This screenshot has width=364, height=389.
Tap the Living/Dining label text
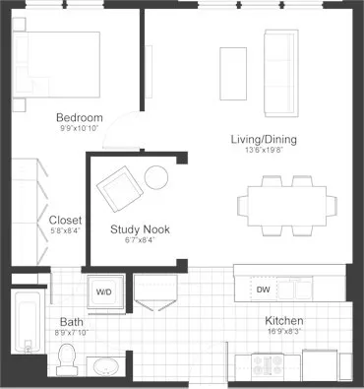(x=264, y=139)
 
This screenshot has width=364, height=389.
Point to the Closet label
(x=64, y=220)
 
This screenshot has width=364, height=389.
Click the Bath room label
(x=71, y=321)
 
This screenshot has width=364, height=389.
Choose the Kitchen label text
(x=283, y=321)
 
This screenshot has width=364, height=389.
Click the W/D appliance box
(x=102, y=291)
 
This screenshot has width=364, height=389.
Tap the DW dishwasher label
(x=263, y=290)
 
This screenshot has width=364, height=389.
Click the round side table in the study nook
(x=157, y=178)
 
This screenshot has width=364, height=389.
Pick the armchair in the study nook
(x=118, y=187)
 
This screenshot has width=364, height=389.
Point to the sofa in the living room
(x=280, y=71)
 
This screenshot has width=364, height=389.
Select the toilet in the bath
(x=67, y=359)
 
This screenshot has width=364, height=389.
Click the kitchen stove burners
(x=268, y=364)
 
